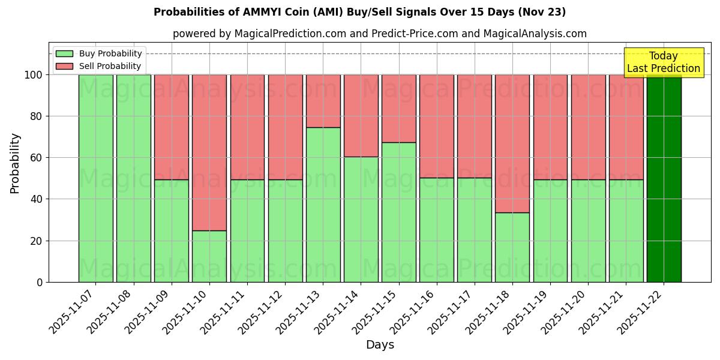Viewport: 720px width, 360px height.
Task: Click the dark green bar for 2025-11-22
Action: (664, 178)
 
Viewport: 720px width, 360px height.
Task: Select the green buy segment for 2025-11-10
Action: (209, 256)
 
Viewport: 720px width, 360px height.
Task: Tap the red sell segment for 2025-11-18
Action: (512, 143)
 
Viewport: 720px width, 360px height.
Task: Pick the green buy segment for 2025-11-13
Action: (323, 205)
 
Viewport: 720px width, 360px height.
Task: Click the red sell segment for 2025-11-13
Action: (323, 101)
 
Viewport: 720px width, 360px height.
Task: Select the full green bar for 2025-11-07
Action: (96, 178)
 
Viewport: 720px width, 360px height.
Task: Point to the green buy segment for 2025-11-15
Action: (399, 212)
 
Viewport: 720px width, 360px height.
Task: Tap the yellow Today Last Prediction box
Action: (663, 62)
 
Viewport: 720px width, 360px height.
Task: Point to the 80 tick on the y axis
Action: (37, 116)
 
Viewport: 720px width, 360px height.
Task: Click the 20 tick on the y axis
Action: (37, 241)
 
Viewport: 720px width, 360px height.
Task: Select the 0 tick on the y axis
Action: (40, 282)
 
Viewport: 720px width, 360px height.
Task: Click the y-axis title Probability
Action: (15, 163)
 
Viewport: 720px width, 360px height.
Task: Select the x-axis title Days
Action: (380, 345)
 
